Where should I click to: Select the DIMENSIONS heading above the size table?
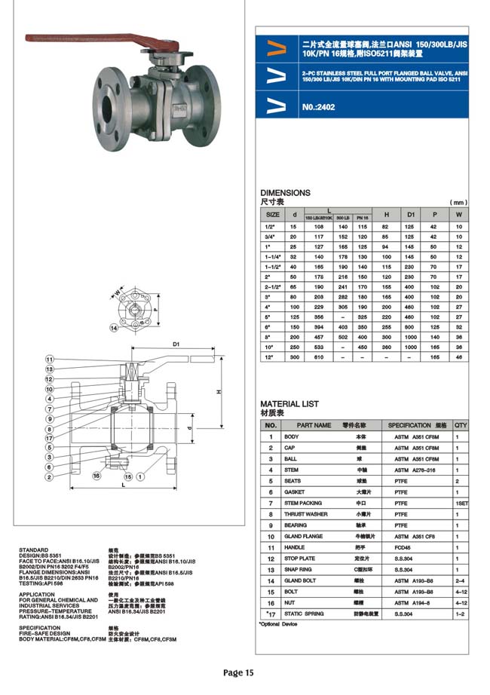pyautogui.click(x=285, y=193)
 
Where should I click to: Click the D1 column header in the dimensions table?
pyautogui.click(x=410, y=214)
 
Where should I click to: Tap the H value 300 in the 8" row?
pyautogui.click(x=385, y=338)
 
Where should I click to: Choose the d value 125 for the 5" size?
pyautogui.click(x=295, y=318)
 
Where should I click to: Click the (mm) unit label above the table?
pyautogui.click(x=458, y=202)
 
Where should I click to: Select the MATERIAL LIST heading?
pyautogui.click(x=289, y=404)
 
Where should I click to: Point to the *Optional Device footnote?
pyautogui.click(x=278, y=624)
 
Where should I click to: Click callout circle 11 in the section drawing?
pyautogui.click(x=49, y=359)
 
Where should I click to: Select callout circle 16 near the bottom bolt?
pyautogui.click(x=96, y=476)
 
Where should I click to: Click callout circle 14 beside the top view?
pyautogui.click(x=114, y=328)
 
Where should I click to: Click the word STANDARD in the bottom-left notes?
pyautogui.click(x=33, y=550)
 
